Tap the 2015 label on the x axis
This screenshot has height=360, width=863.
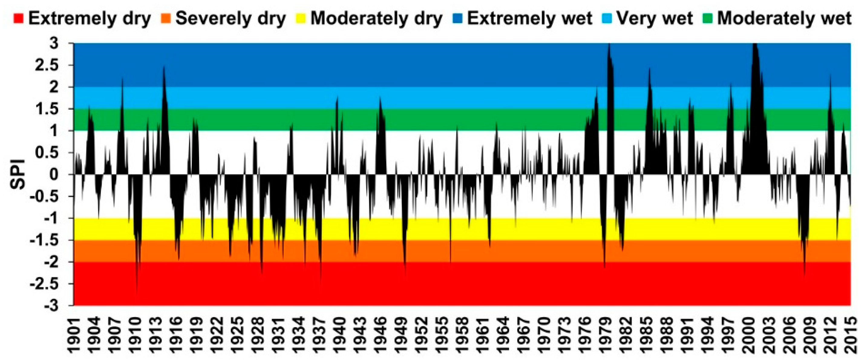[850, 335]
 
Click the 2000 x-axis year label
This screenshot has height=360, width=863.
[748, 335]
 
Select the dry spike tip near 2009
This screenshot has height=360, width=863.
[804, 276]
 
